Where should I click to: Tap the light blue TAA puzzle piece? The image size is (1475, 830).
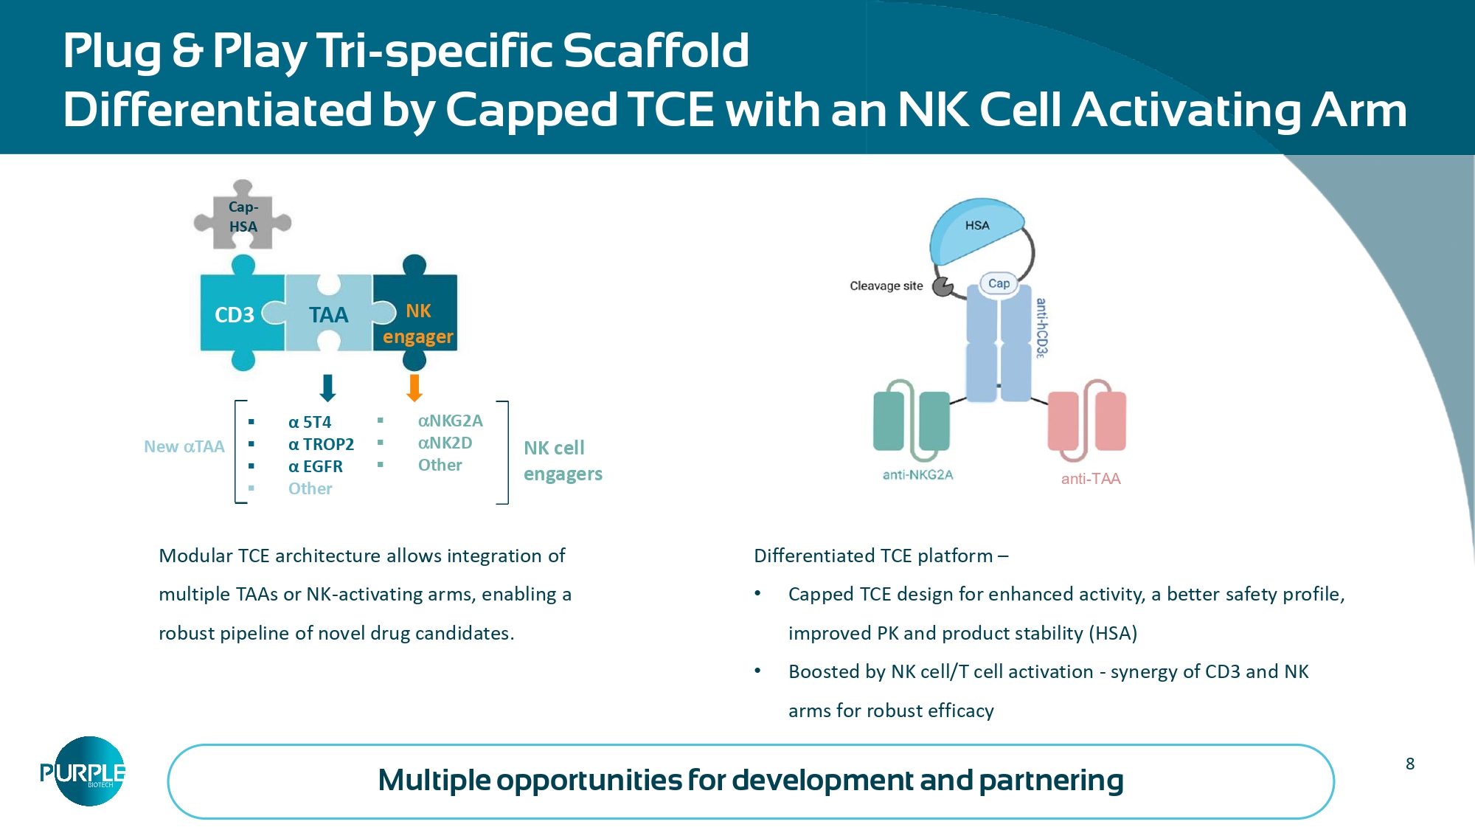[x=328, y=315]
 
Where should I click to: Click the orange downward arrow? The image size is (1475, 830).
[x=414, y=387]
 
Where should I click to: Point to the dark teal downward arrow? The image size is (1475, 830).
[x=328, y=387]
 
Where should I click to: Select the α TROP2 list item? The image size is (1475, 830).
[x=321, y=444]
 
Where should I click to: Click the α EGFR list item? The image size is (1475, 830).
[x=316, y=466]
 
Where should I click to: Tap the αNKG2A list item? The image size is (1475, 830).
[x=450, y=421]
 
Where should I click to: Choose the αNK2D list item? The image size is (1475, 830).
[x=445, y=443]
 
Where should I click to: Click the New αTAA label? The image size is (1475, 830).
[x=184, y=446]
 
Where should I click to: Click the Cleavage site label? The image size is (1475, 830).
[x=886, y=286]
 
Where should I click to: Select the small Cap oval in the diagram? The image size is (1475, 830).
[x=999, y=283]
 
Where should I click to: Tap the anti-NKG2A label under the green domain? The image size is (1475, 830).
[x=917, y=475]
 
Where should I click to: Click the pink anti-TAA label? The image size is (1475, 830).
[x=1091, y=479]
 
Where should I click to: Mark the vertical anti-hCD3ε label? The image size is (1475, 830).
[x=1041, y=328]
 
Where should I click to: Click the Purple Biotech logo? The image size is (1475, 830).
[x=83, y=771]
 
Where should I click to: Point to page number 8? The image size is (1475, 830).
[x=1409, y=764]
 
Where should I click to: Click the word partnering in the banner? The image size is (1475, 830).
[x=1051, y=780]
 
